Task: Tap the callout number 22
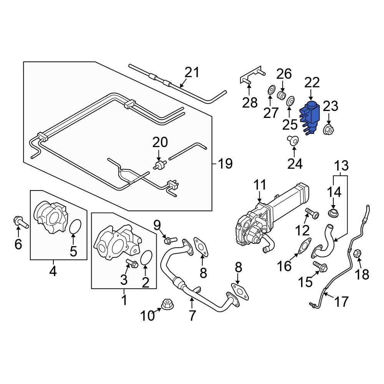pos(312,83)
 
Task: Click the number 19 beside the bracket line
pos(225,164)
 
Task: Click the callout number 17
pos(341,301)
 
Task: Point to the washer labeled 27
pos(270,91)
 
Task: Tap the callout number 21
pos(192,72)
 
